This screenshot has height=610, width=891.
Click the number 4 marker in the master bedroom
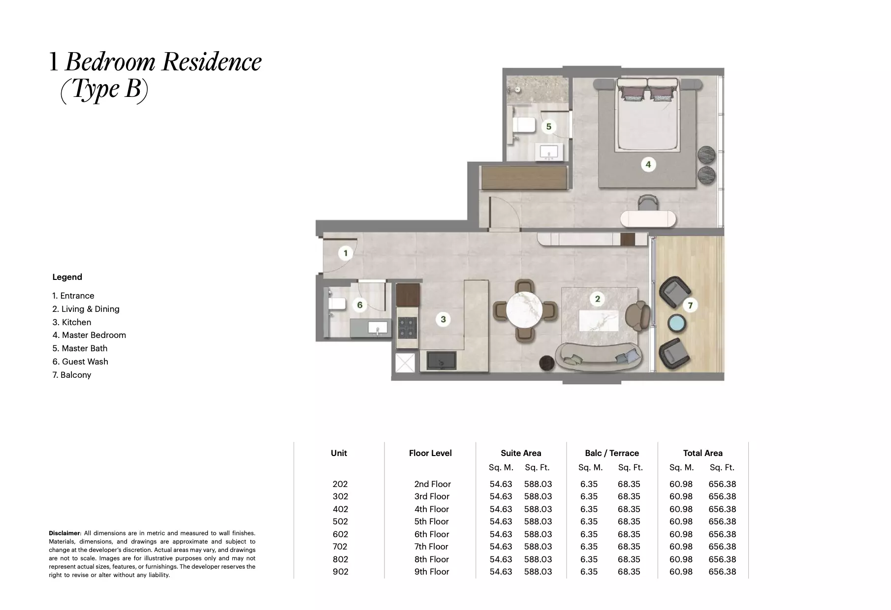[x=648, y=164]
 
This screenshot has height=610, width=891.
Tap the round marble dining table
[x=525, y=310]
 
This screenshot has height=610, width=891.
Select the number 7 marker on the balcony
[x=690, y=305]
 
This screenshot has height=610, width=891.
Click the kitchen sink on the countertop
[x=441, y=360]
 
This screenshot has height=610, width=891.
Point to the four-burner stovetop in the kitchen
[x=407, y=327]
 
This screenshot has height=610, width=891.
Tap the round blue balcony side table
[x=678, y=324]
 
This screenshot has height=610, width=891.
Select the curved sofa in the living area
[x=598, y=357]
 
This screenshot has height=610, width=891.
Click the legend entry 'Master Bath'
[x=80, y=348]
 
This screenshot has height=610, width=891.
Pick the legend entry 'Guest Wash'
[x=80, y=362]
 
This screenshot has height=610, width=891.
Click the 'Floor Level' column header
[x=430, y=453]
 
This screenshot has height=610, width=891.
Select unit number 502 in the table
[x=340, y=521]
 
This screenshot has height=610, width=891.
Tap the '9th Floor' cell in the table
[x=432, y=572]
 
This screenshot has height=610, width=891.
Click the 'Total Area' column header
[x=702, y=453]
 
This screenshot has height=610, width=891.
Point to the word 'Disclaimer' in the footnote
[x=64, y=533]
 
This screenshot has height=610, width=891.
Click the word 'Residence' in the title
[x=212, y=62]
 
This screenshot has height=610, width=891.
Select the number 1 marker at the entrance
[x=345, y=253]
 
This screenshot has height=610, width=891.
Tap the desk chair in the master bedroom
[x=647, y=202]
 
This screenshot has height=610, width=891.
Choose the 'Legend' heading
[x=67, y=277]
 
